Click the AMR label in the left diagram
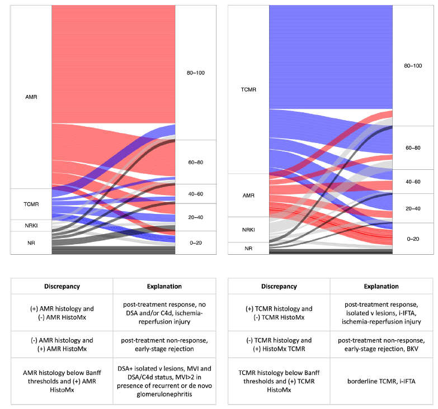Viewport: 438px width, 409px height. pyautogui.click(x=31, y=96)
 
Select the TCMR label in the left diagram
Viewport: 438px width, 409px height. pyautogui.click(x=31, y=204)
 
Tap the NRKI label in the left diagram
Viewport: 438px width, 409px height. pyautogui.click(x=31, y=226)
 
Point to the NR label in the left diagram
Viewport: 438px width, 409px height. pyautogui.click(x=31, y=243)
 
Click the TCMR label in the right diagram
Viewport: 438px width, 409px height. pyautogui.click(x=248, y=89)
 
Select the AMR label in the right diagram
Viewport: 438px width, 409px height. pyautogui.click(x=248, y=195)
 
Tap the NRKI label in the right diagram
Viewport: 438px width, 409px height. pyautogui.click(x=248, y=230)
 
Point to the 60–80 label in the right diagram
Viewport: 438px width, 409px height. pyautogui.click(x=413, y=148)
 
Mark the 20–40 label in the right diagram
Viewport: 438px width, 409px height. pyautogui.click(x=413, y=208)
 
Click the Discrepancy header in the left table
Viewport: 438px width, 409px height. pyautogui.click(x=62, y=286)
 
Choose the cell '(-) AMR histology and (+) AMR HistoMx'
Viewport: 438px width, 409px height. pyautogui.click(x=62, y=344)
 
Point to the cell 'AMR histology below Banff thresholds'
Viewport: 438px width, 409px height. pyautogui.click(x=62, y=381)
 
